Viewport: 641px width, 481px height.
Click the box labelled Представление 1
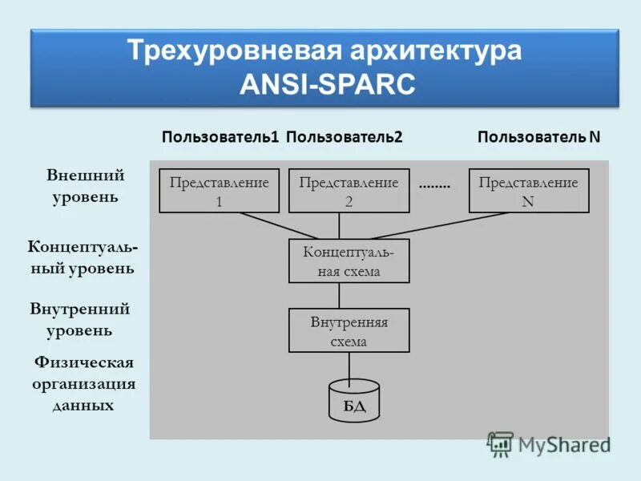pos(219,191)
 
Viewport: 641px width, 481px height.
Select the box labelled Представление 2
pos(349,191)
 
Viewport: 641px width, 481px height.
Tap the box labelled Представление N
pos(528,191)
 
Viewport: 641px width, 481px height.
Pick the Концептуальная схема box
pos(349,261)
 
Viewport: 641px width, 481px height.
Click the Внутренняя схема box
pos(349,330)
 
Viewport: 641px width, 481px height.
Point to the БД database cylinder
pos(354,400)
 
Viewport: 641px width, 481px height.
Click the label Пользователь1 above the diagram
pos(220,137)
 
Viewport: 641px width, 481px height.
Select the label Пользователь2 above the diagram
pos(344,137)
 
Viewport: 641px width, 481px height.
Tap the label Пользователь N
pos(538,137)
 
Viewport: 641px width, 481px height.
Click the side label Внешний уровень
pos(85,185)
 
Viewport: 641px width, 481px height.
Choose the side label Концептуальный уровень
pos(83,257)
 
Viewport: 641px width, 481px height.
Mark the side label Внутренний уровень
pos(79,319)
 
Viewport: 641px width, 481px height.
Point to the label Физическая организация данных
pos(83,384)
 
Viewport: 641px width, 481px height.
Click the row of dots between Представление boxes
pos(434,185)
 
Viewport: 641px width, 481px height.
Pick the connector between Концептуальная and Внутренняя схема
pos(339,295)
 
